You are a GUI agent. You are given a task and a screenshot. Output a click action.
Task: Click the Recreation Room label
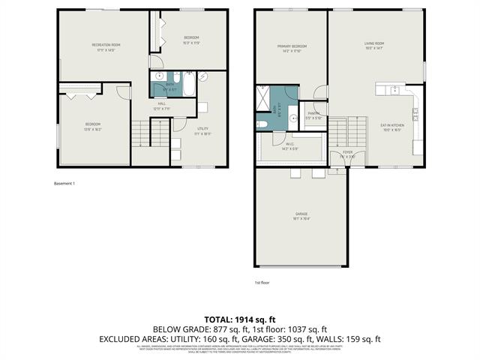click(x=106, y=46)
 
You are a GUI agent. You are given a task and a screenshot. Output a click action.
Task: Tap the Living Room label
click(x=375, y=48)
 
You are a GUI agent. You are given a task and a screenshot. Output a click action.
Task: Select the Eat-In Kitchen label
click(x=392, y=127)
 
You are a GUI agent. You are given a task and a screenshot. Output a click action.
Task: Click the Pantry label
click(x=313, y=115)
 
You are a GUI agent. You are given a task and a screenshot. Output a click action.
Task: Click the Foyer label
click(x=348, y=154)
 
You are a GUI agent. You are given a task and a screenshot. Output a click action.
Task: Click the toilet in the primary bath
click(x=262, y=124)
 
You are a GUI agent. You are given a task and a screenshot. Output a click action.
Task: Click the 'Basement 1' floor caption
click(x=65, y=183)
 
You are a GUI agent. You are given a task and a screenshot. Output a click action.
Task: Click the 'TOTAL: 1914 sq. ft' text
click(x=239, y=319)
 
